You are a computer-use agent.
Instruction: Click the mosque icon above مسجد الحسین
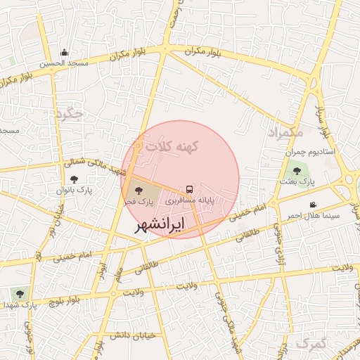pos(65,52)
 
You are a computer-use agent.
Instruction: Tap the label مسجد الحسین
pos(64,63)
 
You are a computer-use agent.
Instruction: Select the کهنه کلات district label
pos(173,146)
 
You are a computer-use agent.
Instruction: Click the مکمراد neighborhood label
pos(285,132)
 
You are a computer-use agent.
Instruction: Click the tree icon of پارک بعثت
pos(297,170)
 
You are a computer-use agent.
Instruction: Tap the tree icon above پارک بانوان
pos(75,180)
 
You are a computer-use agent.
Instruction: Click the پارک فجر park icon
pos(136,190)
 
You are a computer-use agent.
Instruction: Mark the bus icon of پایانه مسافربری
pos(189,189)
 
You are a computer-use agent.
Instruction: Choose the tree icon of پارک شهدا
pos(18,294)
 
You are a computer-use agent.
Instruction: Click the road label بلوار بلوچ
pos(73,298)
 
